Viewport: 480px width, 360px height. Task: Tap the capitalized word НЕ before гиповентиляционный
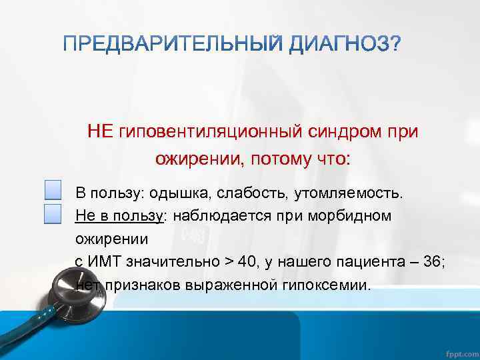101,131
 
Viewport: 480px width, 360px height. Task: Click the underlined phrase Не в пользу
119,217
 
